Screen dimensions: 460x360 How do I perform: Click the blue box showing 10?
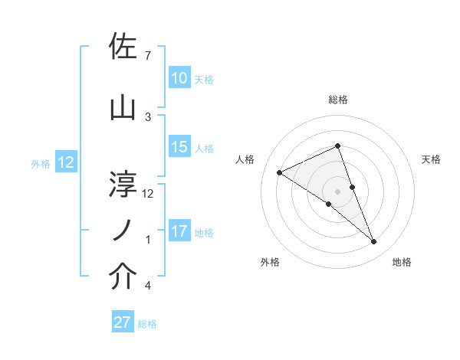point(179,78)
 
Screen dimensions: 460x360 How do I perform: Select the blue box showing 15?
point(179,147)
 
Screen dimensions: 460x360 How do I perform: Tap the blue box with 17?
point(179,231)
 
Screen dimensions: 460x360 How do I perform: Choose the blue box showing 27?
point(122,322)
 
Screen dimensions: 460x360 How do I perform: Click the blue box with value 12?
point(65,162)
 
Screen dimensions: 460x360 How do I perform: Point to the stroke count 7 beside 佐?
point(148,56)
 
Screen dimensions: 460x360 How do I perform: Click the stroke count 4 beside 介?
point(148,286)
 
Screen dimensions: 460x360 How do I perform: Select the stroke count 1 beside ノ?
point(148,240)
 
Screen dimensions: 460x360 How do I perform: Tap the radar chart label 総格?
point(337,100)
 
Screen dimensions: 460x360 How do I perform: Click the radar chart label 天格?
point(431,159)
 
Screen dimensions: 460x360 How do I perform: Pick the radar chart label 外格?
point(270,262)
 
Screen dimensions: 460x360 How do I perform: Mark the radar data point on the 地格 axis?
point(374,242)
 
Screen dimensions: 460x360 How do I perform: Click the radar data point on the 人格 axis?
point(279,172)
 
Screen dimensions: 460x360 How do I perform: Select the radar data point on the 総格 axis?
point(337,146)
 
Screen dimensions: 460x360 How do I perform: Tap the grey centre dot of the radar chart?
point(337,191)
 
